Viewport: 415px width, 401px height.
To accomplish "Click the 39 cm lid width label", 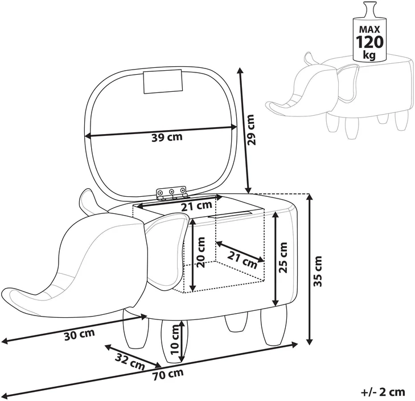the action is pyautogui.click(x=167, y=137).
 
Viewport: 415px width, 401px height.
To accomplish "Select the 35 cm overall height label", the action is pyautogui.click(x=317, y=271).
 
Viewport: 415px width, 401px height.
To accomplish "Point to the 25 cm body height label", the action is pyautogui.click(x=283, y=257).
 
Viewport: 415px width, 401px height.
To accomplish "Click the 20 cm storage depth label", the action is pyautogui.click(x=201, y=252).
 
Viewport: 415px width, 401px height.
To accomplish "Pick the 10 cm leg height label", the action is pyautogui.click(x=175, y=340).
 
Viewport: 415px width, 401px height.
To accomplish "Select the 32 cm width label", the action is pyautogui.click(x=130, y=362).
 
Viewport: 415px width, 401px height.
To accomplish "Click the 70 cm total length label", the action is pyautogui.click(x=168, y=374).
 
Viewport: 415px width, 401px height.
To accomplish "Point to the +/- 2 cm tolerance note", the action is pyautogui.click(x=383, y=392).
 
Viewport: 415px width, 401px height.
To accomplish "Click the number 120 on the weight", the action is pyautogui.click(x=369, y=42).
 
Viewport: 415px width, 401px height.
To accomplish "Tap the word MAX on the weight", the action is pyautogui.click(x=369, y=29).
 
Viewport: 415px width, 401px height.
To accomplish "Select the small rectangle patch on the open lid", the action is pyautogui.click(x=163, y=82).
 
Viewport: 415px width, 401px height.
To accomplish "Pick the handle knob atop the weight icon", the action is pyautogui.click(x=369, y=9).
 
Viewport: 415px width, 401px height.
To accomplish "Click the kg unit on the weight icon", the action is pyautogui.click(x=369, y=55).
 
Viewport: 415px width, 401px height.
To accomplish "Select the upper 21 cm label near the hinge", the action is pyautogui.click(x=196, y=206).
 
